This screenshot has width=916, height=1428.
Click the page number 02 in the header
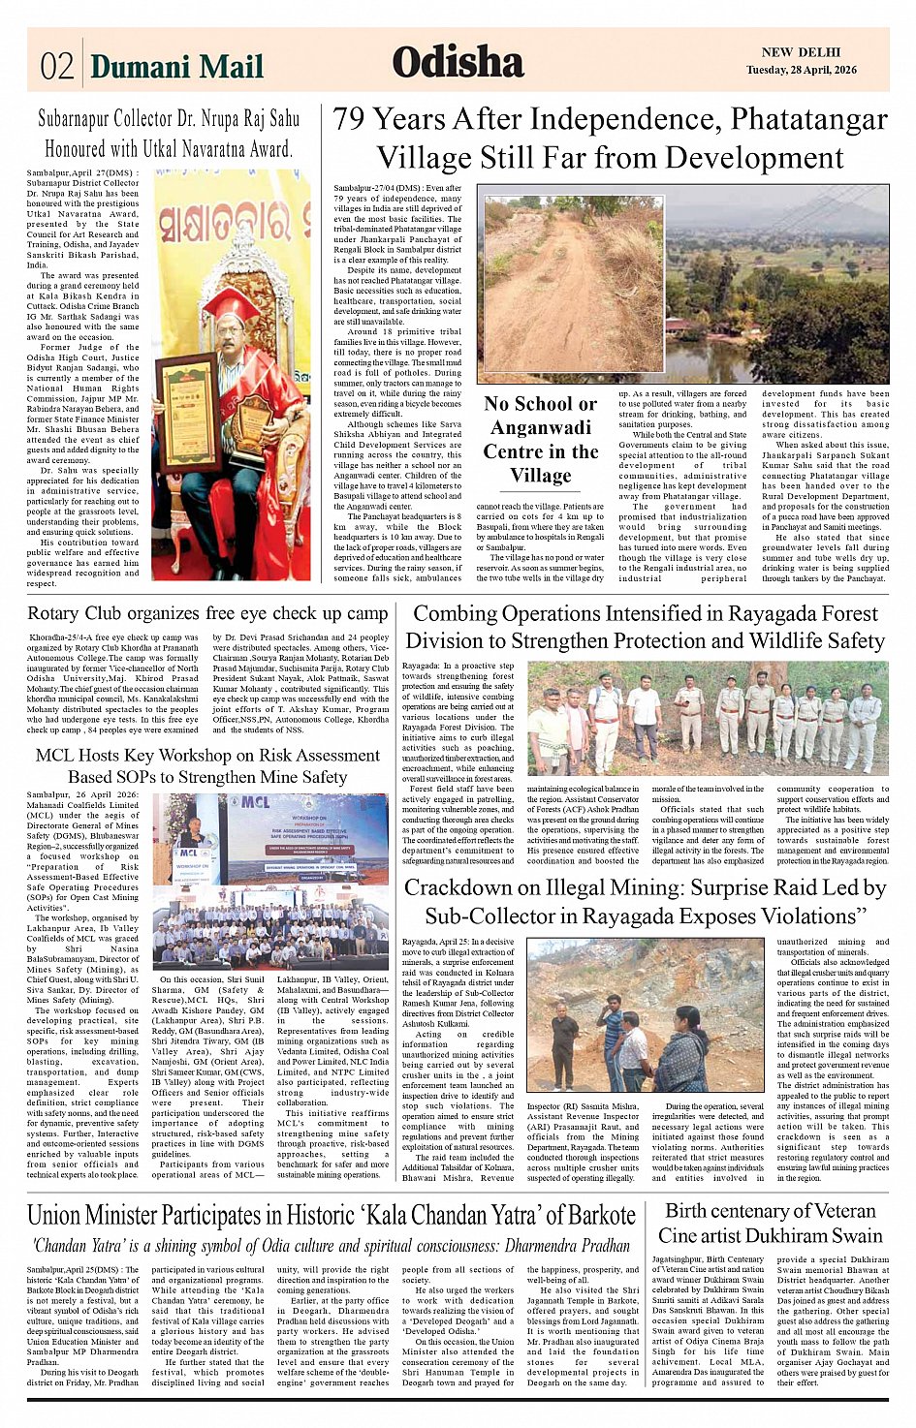tap(57, 66)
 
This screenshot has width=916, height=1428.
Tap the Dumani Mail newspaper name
tap(176, 66)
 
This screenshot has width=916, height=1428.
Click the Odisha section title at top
tap(458, 63)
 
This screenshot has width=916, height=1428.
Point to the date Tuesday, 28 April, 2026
tap(802, 70)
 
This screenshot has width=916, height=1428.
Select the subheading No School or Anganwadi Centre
tap(541, 439)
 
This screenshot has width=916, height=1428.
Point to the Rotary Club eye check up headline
tap(207, 613)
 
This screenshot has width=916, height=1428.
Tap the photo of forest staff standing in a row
tap(708, 717)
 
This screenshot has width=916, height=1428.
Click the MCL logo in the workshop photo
tap(256, 802)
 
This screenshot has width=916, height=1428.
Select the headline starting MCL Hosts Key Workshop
tap(206, 765)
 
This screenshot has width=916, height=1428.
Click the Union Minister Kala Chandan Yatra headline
tap(332, 1216)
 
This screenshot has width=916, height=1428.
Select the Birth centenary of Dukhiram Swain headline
tap(771, 1224)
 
